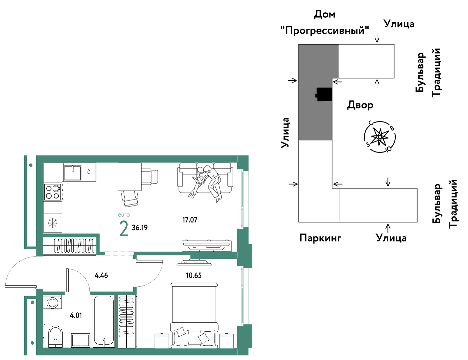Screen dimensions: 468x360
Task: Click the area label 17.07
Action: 190,220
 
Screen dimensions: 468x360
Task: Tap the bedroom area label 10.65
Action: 194,275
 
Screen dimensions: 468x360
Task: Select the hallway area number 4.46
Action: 101,275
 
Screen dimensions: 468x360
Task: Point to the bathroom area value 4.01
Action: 76,315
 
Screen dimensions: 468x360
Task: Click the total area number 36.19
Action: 140,228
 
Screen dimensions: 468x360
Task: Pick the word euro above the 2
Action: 124,215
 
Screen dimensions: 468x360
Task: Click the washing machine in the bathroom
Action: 52,302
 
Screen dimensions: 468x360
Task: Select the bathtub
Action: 104,321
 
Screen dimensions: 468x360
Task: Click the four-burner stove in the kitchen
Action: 53,192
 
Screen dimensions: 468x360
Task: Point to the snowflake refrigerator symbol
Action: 52,223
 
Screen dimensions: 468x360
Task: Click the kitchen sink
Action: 73,172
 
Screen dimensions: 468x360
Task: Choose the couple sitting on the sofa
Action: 206,183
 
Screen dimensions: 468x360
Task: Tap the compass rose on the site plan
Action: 380,137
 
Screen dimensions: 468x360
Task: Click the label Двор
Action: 360,105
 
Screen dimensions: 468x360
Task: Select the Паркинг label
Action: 320,238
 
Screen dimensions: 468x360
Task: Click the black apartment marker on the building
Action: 324,94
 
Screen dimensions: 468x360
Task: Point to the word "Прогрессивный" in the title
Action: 325,30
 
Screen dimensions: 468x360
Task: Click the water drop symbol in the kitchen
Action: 89,171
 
